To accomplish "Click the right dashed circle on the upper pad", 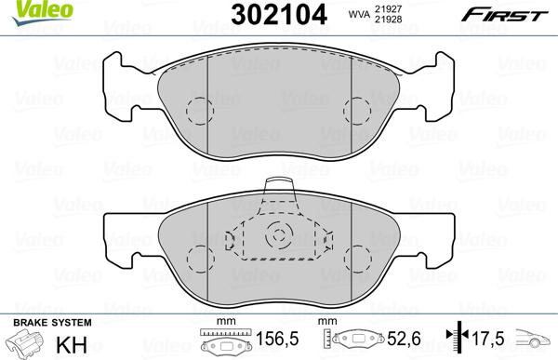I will click(356, 111).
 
